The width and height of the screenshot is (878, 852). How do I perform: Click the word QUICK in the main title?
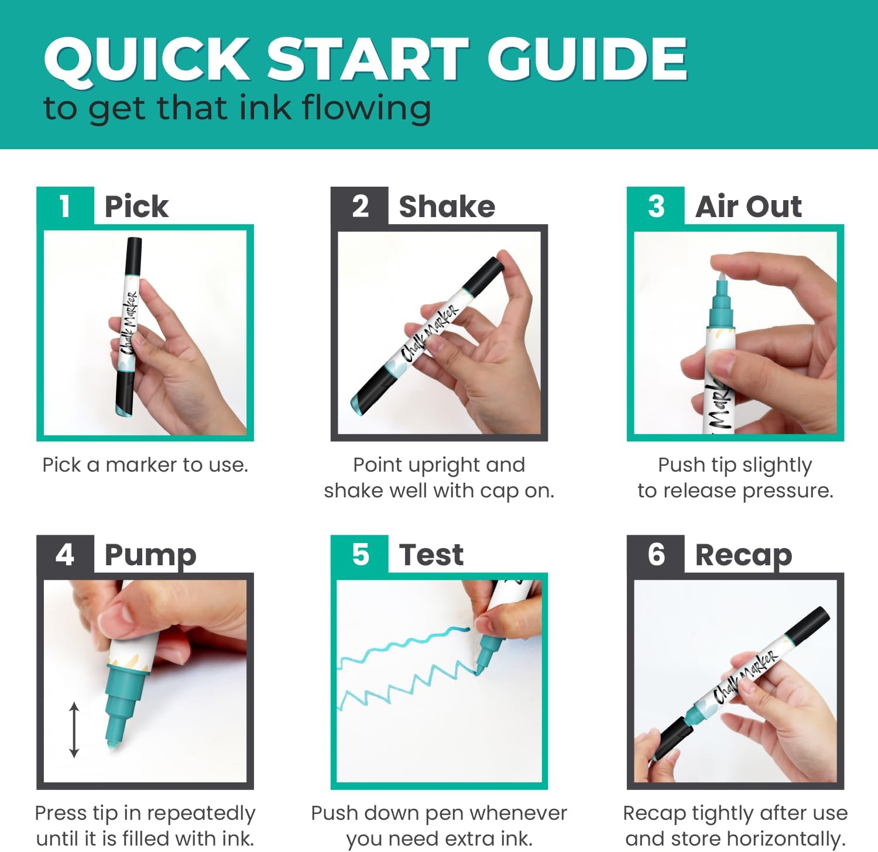tap(147, 59)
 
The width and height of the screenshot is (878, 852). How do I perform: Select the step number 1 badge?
tap(65, 206)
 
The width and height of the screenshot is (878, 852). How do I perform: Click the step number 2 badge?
tap(359, 206)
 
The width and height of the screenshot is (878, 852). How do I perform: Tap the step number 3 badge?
tap(656, 206)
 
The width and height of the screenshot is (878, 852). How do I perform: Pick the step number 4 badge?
tap(65, 554)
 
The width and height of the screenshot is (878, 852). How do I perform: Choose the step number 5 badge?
tap(359, 554)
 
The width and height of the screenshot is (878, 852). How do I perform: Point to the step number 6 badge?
tap(656, 554)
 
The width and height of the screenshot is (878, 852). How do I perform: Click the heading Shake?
tap(447, 207)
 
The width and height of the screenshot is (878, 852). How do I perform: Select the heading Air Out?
tap(749, 207)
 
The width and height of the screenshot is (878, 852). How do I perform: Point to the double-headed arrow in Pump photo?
tap(74, 730)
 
